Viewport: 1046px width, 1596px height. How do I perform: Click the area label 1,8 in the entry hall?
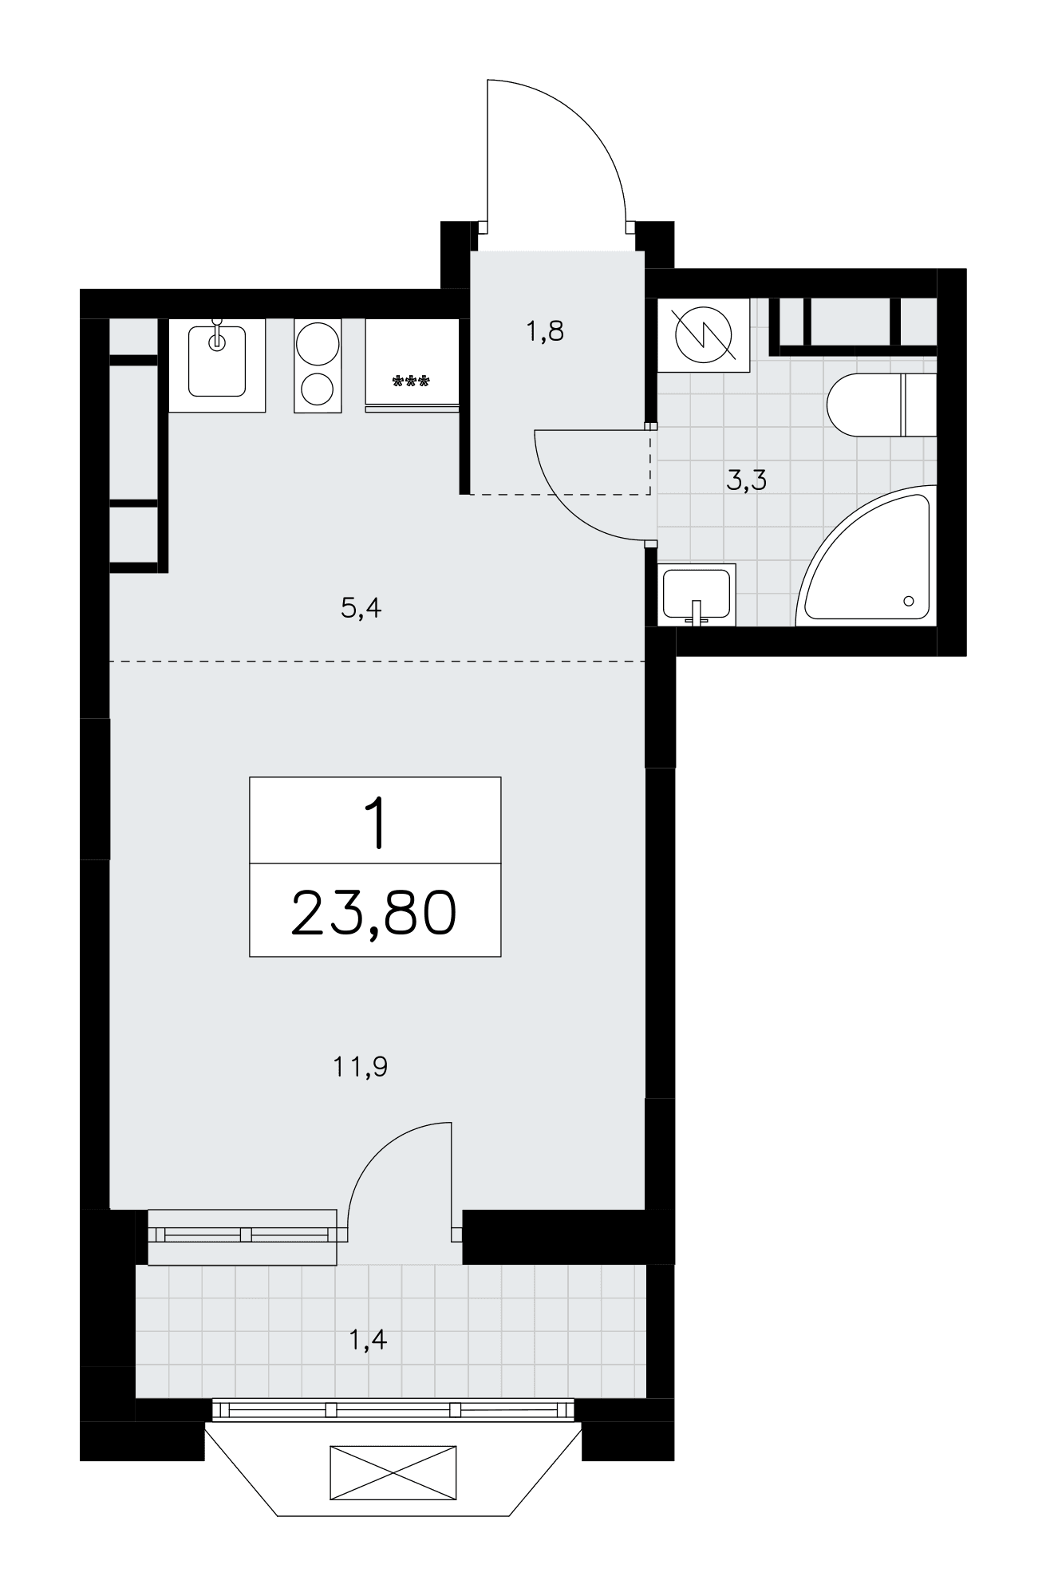point(545,330)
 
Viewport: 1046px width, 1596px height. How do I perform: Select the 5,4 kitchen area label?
point(361,609)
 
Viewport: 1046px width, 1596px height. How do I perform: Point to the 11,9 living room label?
point(361,1066)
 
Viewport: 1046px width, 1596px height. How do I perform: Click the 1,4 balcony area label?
point(369,1340)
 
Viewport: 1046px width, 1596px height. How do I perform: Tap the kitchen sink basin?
point(217,361)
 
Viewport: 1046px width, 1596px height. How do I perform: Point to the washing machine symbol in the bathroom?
point(703,334)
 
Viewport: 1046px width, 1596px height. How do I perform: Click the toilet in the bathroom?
point(881,404)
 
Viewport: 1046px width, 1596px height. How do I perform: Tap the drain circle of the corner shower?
point(909,601)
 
